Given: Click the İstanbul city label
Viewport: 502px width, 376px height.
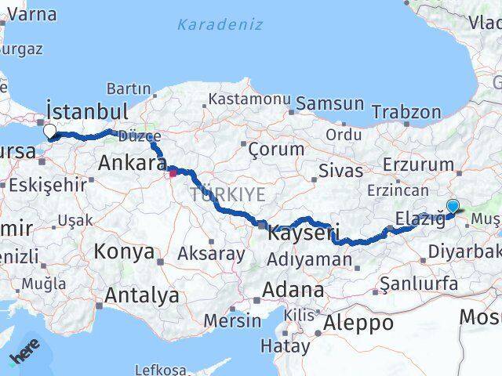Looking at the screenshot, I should [86, 109].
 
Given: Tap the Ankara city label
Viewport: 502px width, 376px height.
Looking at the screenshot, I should [132, 164].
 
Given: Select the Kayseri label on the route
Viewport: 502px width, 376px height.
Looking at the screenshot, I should [303, 233].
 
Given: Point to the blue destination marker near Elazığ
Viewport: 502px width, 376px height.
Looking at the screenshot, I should [453, 206].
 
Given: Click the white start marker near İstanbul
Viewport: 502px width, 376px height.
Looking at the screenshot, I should [50, 132].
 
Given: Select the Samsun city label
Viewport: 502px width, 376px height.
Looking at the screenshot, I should [330, 103].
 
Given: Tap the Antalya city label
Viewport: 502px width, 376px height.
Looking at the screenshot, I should [141, 296].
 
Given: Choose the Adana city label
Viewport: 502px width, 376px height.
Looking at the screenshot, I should [293, 290].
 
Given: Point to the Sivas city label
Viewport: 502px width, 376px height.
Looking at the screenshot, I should [341, 170].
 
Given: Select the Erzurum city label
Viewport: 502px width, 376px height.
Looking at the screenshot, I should [419, 164].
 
